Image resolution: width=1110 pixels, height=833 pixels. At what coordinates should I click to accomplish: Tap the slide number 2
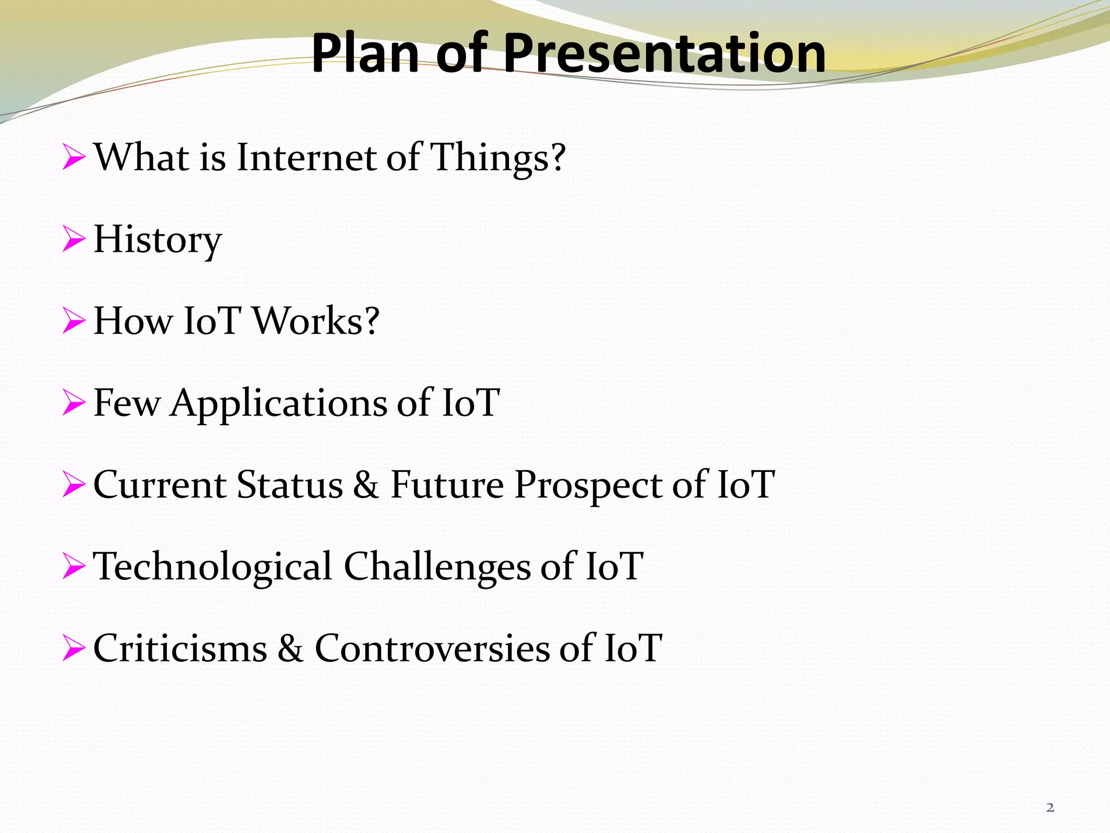(x=1050, y=808)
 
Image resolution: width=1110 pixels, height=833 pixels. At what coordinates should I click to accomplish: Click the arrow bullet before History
(x=74, y=239)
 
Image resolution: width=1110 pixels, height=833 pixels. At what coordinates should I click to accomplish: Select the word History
(x=158, y=240)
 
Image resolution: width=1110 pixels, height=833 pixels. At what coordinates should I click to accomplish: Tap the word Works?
(x=316, y=321)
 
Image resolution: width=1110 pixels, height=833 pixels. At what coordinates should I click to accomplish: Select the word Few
(x=127, y=403)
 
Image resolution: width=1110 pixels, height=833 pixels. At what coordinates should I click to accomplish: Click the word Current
(x=159, y=485)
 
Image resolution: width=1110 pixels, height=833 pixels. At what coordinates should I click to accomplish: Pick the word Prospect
(x=588, y=486)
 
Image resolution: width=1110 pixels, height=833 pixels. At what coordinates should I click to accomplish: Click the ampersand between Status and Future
(x=366, y=485)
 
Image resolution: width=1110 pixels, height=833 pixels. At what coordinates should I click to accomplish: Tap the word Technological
(x=212, y=567)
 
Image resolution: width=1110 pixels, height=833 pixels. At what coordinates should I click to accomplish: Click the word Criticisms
(x=180, y=649)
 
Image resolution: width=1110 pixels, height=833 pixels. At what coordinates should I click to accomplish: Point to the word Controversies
(x=432, y=649)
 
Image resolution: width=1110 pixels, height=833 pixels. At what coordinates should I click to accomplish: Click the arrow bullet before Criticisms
(x=74, y=648)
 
